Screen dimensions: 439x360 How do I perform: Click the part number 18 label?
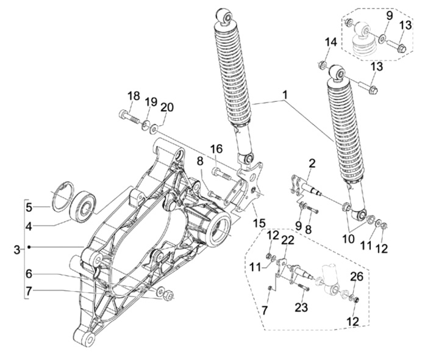(x=134, y=96)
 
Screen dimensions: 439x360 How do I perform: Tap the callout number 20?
(x=167, y=107)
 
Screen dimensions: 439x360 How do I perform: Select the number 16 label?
(x=216, y=149)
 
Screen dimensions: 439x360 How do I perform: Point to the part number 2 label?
(x=312, y=164)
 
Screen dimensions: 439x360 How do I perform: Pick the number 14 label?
(x=330, y=43)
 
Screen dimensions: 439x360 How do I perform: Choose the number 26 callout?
(x=357, y=276)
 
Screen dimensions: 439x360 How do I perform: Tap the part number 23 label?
(x=301, y=308)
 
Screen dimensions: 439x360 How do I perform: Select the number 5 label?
(x=29, y=207)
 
